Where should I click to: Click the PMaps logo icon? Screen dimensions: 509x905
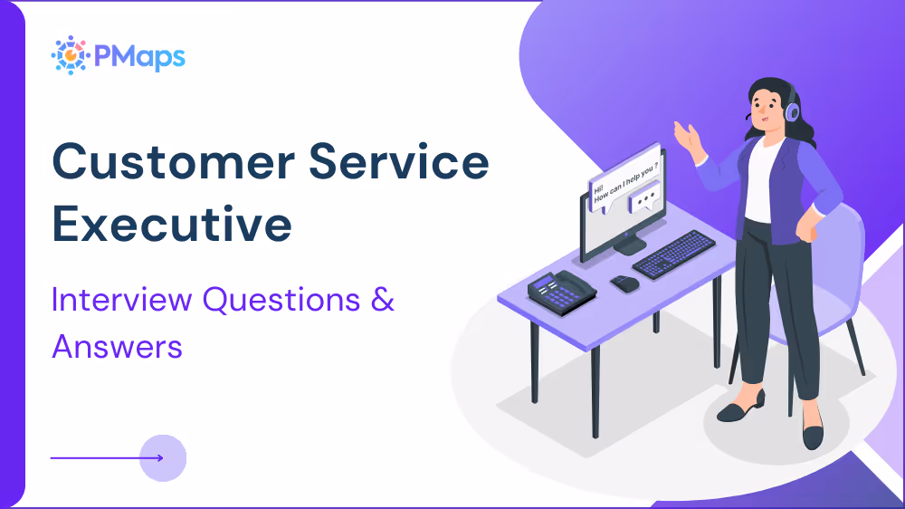(69, 55)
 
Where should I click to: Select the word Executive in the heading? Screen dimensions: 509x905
(172, 224)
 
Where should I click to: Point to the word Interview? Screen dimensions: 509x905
(122, 299)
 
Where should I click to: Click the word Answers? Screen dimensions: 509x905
(118, 346)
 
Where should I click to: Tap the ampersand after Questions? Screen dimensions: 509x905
(383, 299)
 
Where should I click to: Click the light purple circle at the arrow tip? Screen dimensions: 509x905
(163, 457)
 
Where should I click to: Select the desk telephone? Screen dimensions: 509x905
(561, 292)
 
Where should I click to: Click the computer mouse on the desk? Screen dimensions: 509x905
(624, 283)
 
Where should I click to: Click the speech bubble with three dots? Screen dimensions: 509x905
(644, 197)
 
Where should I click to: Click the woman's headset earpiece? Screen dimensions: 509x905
(793, 111)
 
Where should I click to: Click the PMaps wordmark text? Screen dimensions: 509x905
(141, 56)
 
